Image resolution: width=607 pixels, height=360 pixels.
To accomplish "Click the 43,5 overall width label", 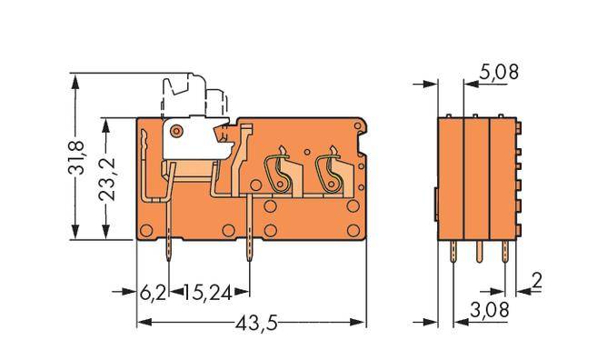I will (251, 323).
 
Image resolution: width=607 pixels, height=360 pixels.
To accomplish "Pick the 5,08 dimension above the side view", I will (499, 72).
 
